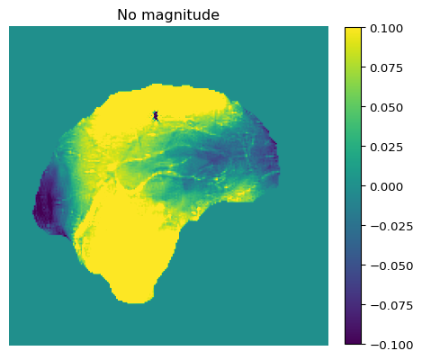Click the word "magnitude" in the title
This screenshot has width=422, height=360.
[180, 15]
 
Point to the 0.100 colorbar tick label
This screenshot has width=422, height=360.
[386, 29]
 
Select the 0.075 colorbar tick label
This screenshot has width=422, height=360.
[386, 68]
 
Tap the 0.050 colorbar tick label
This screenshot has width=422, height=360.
[386, 108]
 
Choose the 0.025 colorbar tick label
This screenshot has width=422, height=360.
[386, 148]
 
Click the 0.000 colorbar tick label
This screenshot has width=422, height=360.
[386, 187]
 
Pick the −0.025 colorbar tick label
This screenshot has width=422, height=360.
[391, 227]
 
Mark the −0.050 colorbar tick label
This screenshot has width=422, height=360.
[391, 266]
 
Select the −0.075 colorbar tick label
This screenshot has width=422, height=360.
[391, 306]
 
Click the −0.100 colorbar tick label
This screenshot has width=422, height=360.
[391, 346]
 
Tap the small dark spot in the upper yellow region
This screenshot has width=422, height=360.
[156, 115]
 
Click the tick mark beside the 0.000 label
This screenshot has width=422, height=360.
[364, 186]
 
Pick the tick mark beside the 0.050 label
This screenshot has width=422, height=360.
[364, 107]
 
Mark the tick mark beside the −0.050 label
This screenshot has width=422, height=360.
[364, 265]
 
